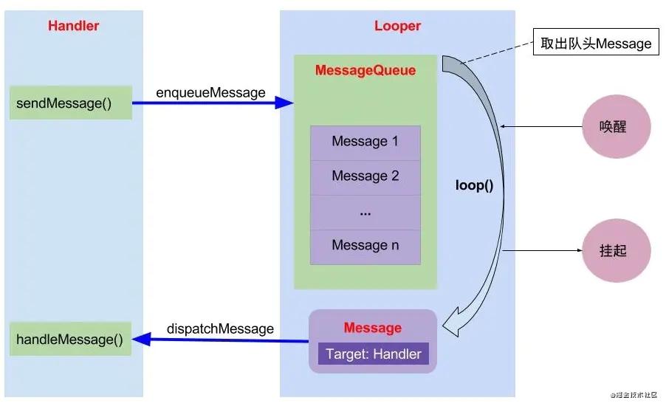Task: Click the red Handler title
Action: [x=73, y=26]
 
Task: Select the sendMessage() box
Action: [x=71, y=103]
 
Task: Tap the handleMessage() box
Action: [x=71, y=339]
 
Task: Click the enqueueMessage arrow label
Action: [x=210, y=92]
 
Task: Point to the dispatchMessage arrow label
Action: [x=220, y=328]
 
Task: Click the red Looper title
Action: [x=397, y=26]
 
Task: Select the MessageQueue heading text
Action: [x=365, y=71]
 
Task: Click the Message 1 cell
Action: [x=365, y=142]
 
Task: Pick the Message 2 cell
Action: [x=365, y=176]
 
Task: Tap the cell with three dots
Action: [x=365, y=212]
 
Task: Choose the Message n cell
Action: [x=365, y=246]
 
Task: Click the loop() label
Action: [x=474, y=185]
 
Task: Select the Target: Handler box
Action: [x=373, y=354]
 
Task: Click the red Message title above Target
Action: [x=373, y=328]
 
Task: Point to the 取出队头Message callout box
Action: [x=596, y=44]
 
